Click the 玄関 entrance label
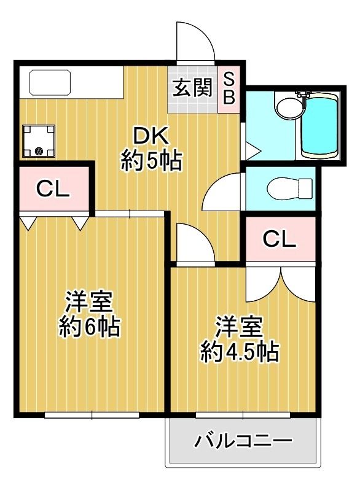192,87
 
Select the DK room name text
151,136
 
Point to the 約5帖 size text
151,160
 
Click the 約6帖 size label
90,326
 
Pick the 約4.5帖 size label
239,352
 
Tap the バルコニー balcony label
243,441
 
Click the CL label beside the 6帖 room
53,188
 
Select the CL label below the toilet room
279,239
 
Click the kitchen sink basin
50,83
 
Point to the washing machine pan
39,141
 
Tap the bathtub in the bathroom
319,126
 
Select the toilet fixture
289,188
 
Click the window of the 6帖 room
92,415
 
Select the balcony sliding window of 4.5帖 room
243,415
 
